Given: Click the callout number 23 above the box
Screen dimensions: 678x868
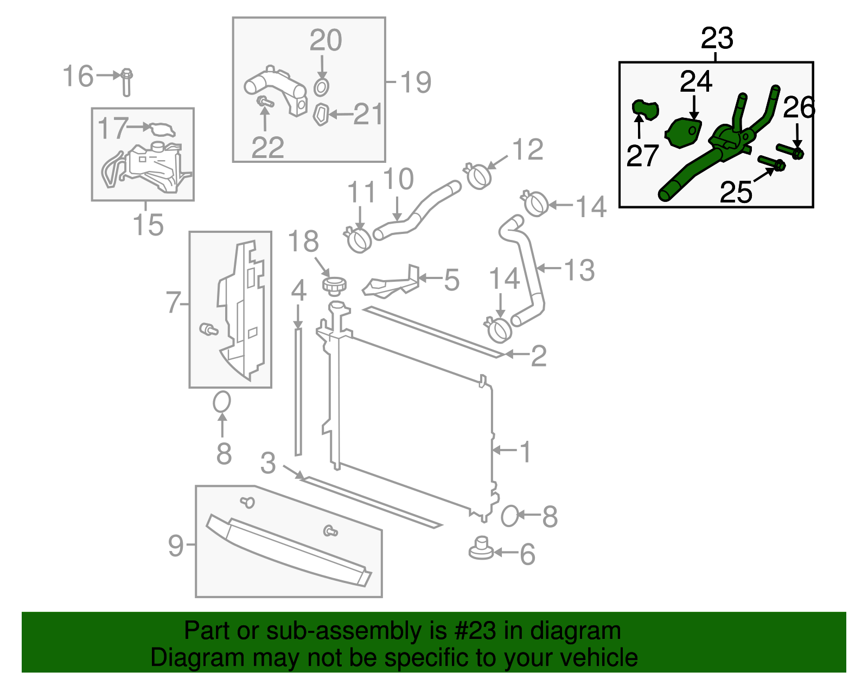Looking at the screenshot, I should tap(717, 39).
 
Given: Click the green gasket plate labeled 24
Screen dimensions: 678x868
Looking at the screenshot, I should tap(684, 133).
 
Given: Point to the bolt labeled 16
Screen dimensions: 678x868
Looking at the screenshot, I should tap(126, 81).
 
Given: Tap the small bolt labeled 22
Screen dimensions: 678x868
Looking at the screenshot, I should tap(265, 102).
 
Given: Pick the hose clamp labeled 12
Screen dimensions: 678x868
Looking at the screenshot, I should tap(478, 176).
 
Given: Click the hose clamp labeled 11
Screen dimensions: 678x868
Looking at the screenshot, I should tap(358, 239).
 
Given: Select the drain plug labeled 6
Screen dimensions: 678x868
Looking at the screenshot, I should tap(481, 548).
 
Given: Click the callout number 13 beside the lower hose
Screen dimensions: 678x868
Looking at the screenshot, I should tap(579, 270).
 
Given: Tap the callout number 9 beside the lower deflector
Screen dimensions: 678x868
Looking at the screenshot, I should tap(176, 545).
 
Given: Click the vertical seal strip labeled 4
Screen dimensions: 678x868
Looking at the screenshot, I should tap(298, 391).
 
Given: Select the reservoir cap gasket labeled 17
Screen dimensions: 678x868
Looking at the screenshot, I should tap(162, 130).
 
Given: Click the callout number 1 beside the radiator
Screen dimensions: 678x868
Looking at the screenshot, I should tap(525, 452).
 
